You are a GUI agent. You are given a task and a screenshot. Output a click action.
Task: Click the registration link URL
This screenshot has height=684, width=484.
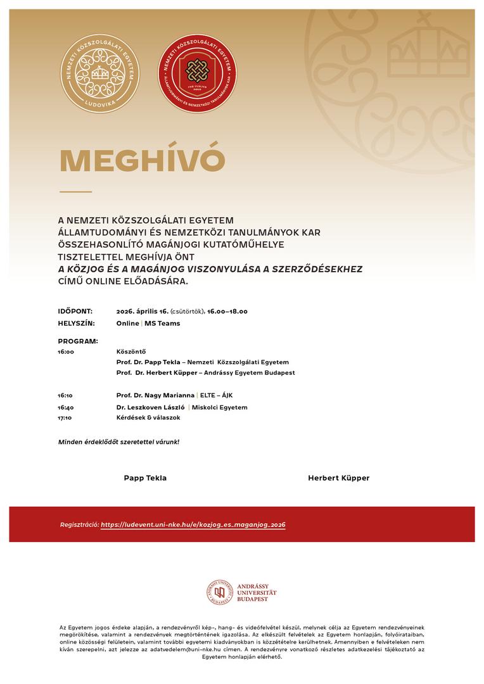193,524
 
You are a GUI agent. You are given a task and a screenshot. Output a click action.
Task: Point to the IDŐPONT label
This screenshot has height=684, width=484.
75,311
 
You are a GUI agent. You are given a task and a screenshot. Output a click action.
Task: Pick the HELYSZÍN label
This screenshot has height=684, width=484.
76,323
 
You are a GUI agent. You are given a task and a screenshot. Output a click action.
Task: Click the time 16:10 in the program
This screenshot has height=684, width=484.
65,395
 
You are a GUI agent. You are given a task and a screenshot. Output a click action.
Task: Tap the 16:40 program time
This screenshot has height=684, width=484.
65,407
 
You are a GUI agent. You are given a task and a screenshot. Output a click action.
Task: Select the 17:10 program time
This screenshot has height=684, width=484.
65,418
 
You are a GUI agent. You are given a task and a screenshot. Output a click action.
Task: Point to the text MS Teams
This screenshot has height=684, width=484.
162,323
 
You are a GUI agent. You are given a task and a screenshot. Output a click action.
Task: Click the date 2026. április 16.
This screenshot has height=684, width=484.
142,311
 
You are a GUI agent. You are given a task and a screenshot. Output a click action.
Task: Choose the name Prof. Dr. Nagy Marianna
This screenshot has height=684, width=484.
155,395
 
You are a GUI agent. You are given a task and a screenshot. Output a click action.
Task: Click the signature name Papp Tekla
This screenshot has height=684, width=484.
145,478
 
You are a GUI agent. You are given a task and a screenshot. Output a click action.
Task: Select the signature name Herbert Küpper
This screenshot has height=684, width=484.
338,478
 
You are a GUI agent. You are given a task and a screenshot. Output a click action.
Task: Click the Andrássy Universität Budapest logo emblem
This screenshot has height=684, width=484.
219,592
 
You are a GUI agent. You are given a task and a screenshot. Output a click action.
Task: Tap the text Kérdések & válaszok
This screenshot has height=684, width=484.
148,418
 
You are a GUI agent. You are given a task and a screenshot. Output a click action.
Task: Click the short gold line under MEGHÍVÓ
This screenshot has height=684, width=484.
75,191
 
